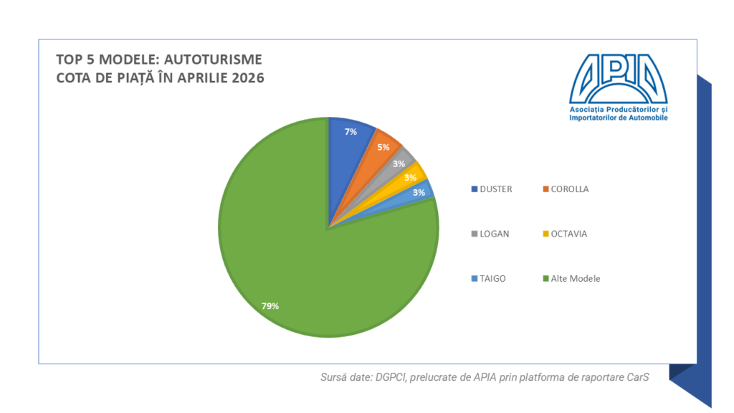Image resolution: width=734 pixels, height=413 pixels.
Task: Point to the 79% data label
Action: (270, 305)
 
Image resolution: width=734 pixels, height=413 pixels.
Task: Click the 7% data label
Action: (351, 132)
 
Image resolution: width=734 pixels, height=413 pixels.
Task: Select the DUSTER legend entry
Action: (492, 189)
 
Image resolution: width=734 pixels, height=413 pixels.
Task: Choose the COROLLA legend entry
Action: (566, 189)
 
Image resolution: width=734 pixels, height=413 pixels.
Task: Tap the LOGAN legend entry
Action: (490, 234)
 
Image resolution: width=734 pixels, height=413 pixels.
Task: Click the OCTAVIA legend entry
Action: (565, 234)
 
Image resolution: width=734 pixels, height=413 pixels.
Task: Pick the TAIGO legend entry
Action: (488, 279)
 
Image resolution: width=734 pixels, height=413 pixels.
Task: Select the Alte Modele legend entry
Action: (571, 279)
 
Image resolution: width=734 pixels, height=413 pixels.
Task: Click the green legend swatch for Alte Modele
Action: (545, 279)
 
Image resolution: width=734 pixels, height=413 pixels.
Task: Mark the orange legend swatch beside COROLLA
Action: (545, 189)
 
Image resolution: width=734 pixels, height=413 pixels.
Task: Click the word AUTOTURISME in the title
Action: (213, 60)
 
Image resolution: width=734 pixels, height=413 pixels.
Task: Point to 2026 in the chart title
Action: (249, 77)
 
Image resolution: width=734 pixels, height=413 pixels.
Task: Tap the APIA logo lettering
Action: (619, 79)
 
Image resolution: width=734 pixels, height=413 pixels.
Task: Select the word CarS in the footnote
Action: (638, 377)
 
